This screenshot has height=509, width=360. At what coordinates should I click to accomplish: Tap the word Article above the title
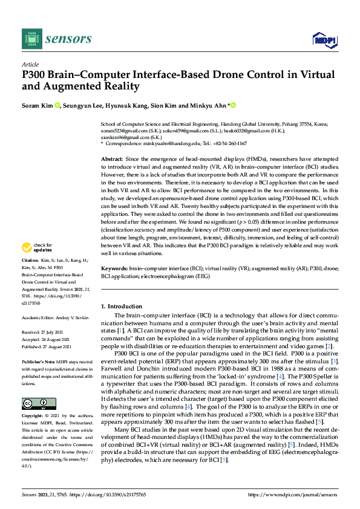point(30,65)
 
